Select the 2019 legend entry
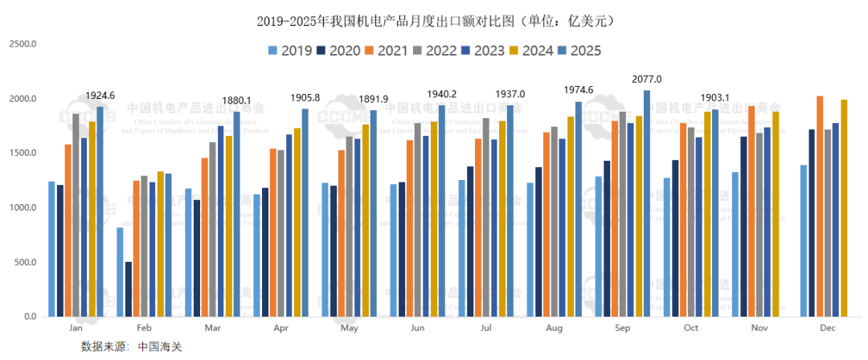point(290,51)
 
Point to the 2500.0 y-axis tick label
point(23,44)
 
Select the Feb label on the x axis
point(145,329)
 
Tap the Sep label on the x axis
point(622,329)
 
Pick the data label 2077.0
point(647,79)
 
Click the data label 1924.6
point(100,96)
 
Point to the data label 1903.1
point(714,98)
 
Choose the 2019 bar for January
point(51,249)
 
